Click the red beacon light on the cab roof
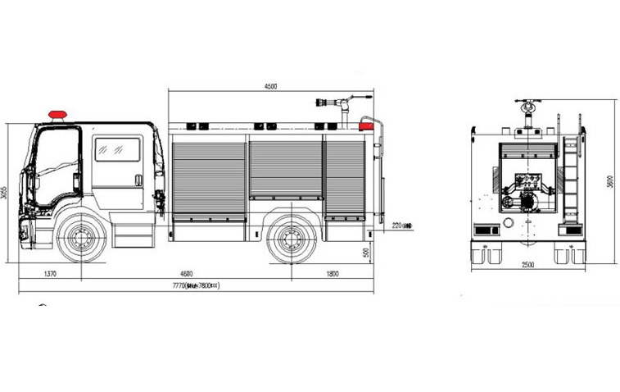tap(57, 113)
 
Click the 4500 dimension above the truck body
tap(271, 85)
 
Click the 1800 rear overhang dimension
tap(333, 274)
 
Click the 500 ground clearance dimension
tap(364, 253)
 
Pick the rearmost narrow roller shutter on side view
tap(345, 175)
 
